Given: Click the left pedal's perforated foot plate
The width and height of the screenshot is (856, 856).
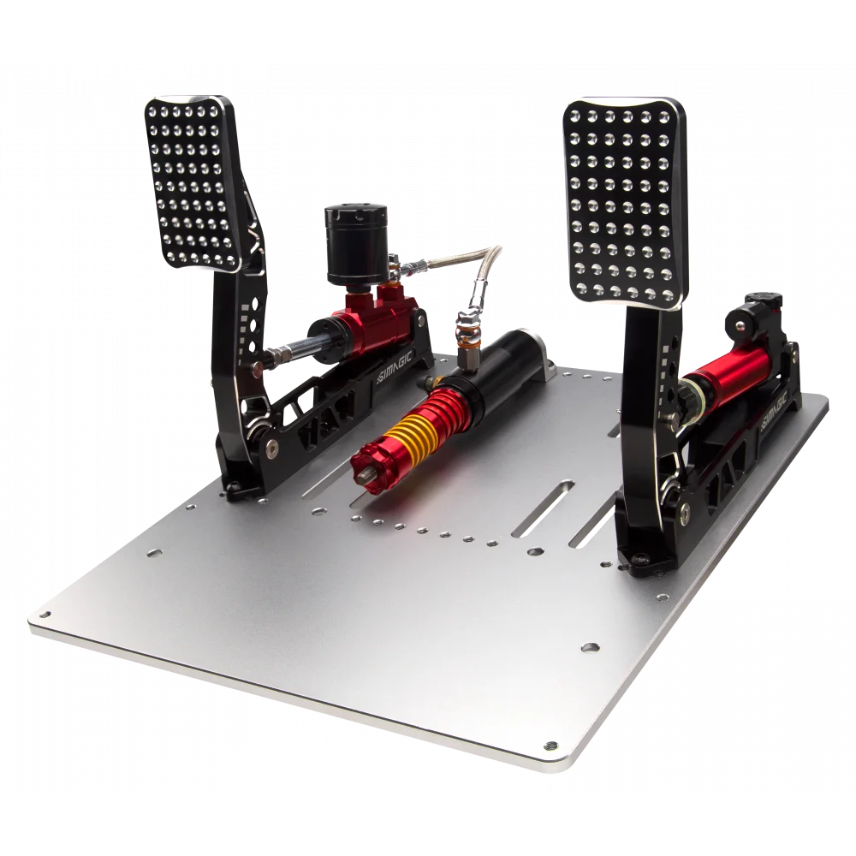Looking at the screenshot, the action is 192,183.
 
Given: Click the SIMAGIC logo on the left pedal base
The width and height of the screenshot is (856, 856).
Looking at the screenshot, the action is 395,366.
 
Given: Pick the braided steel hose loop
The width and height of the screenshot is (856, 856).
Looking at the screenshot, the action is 464,260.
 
